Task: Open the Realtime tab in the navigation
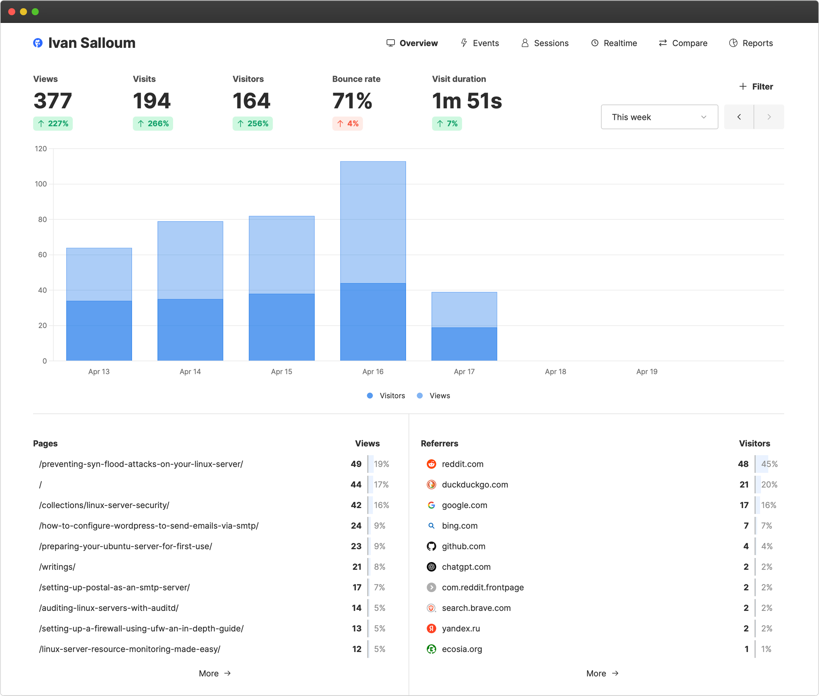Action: pos(614,43)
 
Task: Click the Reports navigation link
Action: pos(751,43)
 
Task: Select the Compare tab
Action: pos(683,43)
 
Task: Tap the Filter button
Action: pos(756,86)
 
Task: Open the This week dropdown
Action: pos(659,117)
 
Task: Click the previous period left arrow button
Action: pos(739,117)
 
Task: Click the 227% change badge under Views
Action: pos(53,123)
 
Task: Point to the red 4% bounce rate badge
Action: pos(348,123)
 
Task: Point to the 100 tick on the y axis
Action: pos(41,184)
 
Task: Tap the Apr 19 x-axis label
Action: pos(647,372)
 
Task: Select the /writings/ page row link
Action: pos(57,567)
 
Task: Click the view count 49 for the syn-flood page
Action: pos(356,464)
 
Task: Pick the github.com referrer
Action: pos(463,546)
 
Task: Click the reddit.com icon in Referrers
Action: pos(432,464)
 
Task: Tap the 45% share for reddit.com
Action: pos(769,464)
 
